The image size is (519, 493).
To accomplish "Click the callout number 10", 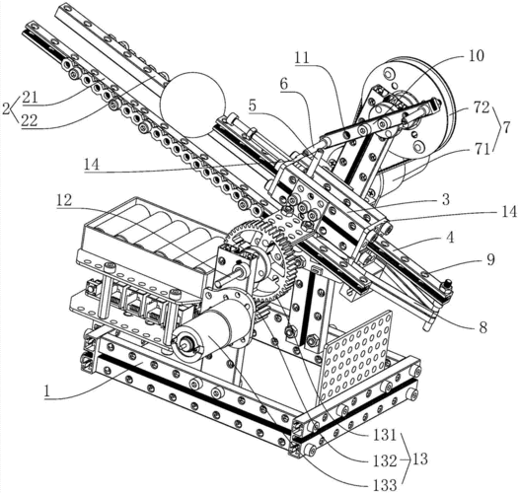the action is pyautogui.click(x=476, y=56).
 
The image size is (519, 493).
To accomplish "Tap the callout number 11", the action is pyautogui.click(x=302, y=58).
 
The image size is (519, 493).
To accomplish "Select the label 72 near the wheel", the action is pyautogui.click(x=481, y=107).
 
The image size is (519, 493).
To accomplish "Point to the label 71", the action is pyautogui.click(x=482, y=150).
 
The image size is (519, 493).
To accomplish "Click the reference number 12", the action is pyautogui.click(x=64, y=200).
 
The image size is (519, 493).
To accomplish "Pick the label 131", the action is pyautogui.click(x=384, y=436).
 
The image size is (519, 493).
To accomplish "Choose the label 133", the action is pyautogui.click(x=384, y=485).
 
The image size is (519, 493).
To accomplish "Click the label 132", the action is pyautogui.click(x=384, y=460).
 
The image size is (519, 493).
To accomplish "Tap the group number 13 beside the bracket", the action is pyautogui.click(x=419, y=459).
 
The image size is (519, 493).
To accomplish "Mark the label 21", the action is pyautogui.click(x=31, y=99).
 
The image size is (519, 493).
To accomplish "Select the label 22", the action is pyautogui.click(x=30, y=121).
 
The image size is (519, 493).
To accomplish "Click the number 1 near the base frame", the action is pyautogui.click(x=46, y=391).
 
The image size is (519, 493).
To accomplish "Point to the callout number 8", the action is pyautogui.click(x=483, y=327).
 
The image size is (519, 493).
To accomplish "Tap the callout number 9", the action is pyautogui.click(x=490, y=259).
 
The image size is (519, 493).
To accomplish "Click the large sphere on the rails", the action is pyautogui.click(x=192, y=105).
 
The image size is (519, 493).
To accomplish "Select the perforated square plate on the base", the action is pyautogui.click(x=355, y=355).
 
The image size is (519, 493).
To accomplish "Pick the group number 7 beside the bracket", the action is pyautogui.click(x=506, y=128).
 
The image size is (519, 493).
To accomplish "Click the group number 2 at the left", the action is pyautogui.click(x=6, y=108).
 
